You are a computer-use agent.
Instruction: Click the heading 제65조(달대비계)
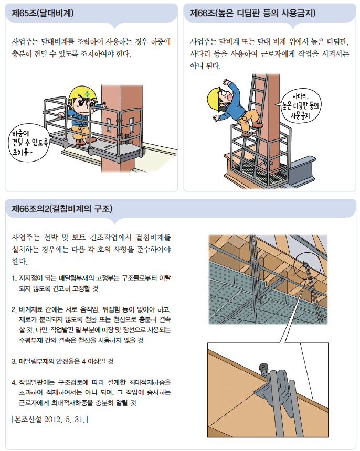tap(43, 13)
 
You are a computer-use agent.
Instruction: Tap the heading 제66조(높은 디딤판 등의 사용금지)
tap(252, 13)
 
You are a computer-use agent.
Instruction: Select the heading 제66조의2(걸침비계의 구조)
tap(62, 208)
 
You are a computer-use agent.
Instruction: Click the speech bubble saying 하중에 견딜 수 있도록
tap(29, 143)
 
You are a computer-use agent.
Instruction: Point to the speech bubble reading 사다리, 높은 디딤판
tap(300, 105)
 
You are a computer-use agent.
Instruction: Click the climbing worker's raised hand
tap(227, 82)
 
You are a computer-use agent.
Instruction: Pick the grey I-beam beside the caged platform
tap(302, 170)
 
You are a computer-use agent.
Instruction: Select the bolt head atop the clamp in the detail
tap(263, 368)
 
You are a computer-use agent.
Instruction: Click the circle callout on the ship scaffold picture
tap(307, 266)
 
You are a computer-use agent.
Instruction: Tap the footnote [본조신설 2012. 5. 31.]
tap(50, 420)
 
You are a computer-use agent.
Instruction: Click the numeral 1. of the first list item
tap(14, 278)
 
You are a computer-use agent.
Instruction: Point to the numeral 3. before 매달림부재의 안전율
tap(14, 361)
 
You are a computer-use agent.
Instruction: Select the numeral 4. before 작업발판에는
tap(14, 382)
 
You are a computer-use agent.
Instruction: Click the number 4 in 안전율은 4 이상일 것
tap(83, 361)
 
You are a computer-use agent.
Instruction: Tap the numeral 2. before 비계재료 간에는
tap(14, 310)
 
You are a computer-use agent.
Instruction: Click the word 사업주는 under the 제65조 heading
tap(25, 42)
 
